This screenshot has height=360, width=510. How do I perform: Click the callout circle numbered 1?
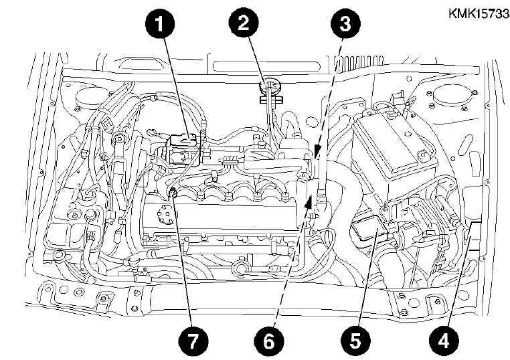pyautogui.click(x=159, y=23)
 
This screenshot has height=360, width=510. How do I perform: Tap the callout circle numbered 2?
pyautogui.click(x=244, y=23)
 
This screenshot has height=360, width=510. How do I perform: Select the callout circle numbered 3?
pyautogui.click(x=345, y=23)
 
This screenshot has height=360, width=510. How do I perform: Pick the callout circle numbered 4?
pyautogui.click(x=444, y=342)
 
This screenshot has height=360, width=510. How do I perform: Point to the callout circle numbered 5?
pyautogui.click(x=355, y=341)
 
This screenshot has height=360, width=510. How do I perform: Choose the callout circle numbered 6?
pyautogui.click(x=268, y=342)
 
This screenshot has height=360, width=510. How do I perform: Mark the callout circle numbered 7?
pyautogui.click(x=193, y=342)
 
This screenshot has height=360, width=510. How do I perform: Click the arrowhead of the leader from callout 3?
pyautogui.click(x=316, y=152)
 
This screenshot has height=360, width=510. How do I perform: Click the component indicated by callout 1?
pyautogui.click(x=183, y=151)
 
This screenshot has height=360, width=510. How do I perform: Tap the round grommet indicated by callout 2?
pyautogui.click(x=270, y=87)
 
